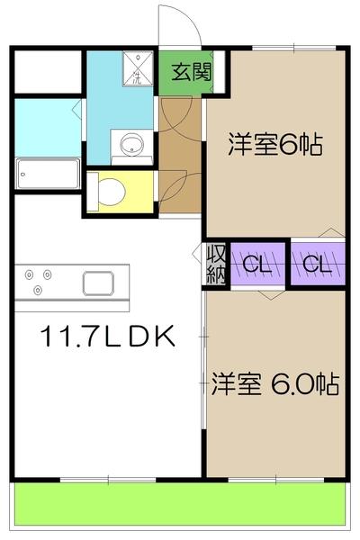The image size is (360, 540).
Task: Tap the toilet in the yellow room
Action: (x=112, y=192)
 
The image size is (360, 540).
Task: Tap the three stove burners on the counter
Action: (x=36, y=280)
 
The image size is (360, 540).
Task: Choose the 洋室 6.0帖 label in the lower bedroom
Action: (x=274, y=385)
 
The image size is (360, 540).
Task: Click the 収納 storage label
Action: (x=216, y=263)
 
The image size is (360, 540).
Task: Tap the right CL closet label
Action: (x=316, y=265)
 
